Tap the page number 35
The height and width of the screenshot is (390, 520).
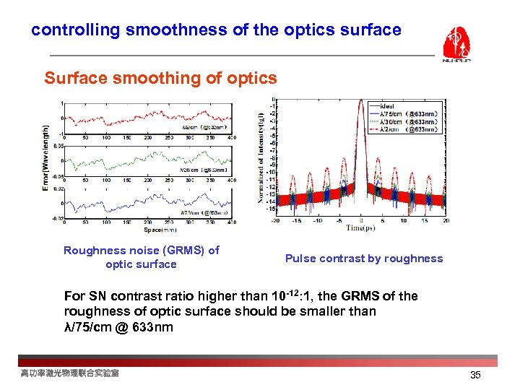475,375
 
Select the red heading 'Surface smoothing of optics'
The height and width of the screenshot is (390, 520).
160,78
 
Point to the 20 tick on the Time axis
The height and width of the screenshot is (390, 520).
446,221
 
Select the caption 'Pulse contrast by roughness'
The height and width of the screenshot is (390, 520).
364,259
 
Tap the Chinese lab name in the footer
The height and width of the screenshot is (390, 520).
69,373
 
